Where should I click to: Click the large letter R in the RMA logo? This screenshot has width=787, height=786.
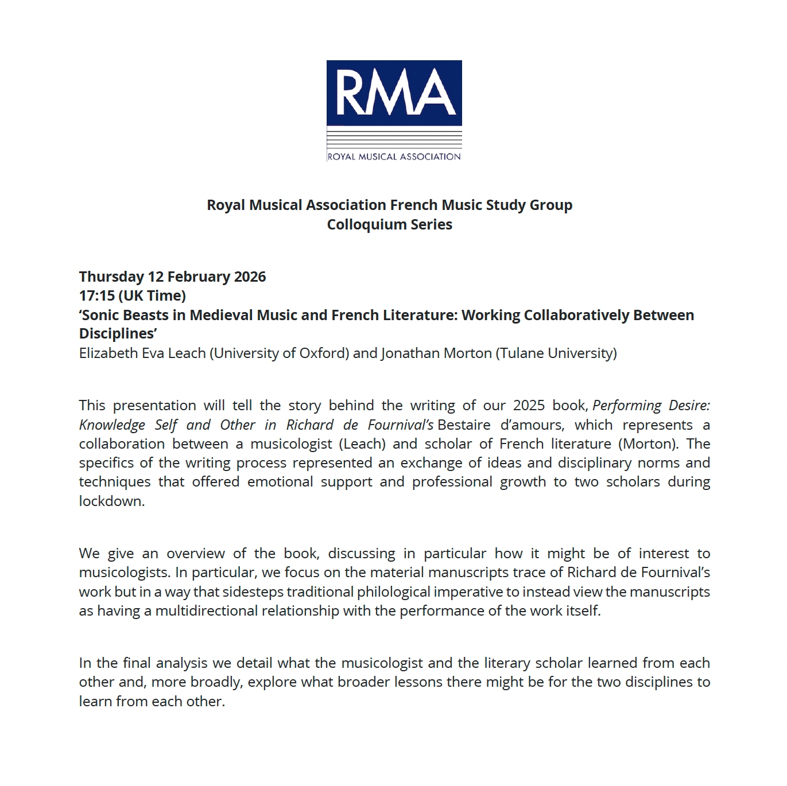352,92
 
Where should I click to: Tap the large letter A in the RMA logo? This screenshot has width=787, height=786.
436,92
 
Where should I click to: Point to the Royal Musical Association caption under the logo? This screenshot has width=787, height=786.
394,156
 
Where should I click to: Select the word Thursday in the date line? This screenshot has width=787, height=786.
111,277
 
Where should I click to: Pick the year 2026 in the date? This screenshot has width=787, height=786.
250,277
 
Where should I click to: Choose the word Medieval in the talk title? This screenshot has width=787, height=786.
218,315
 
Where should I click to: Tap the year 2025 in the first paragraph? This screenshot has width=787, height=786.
529,405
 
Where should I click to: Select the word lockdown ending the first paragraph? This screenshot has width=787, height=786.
111,501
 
